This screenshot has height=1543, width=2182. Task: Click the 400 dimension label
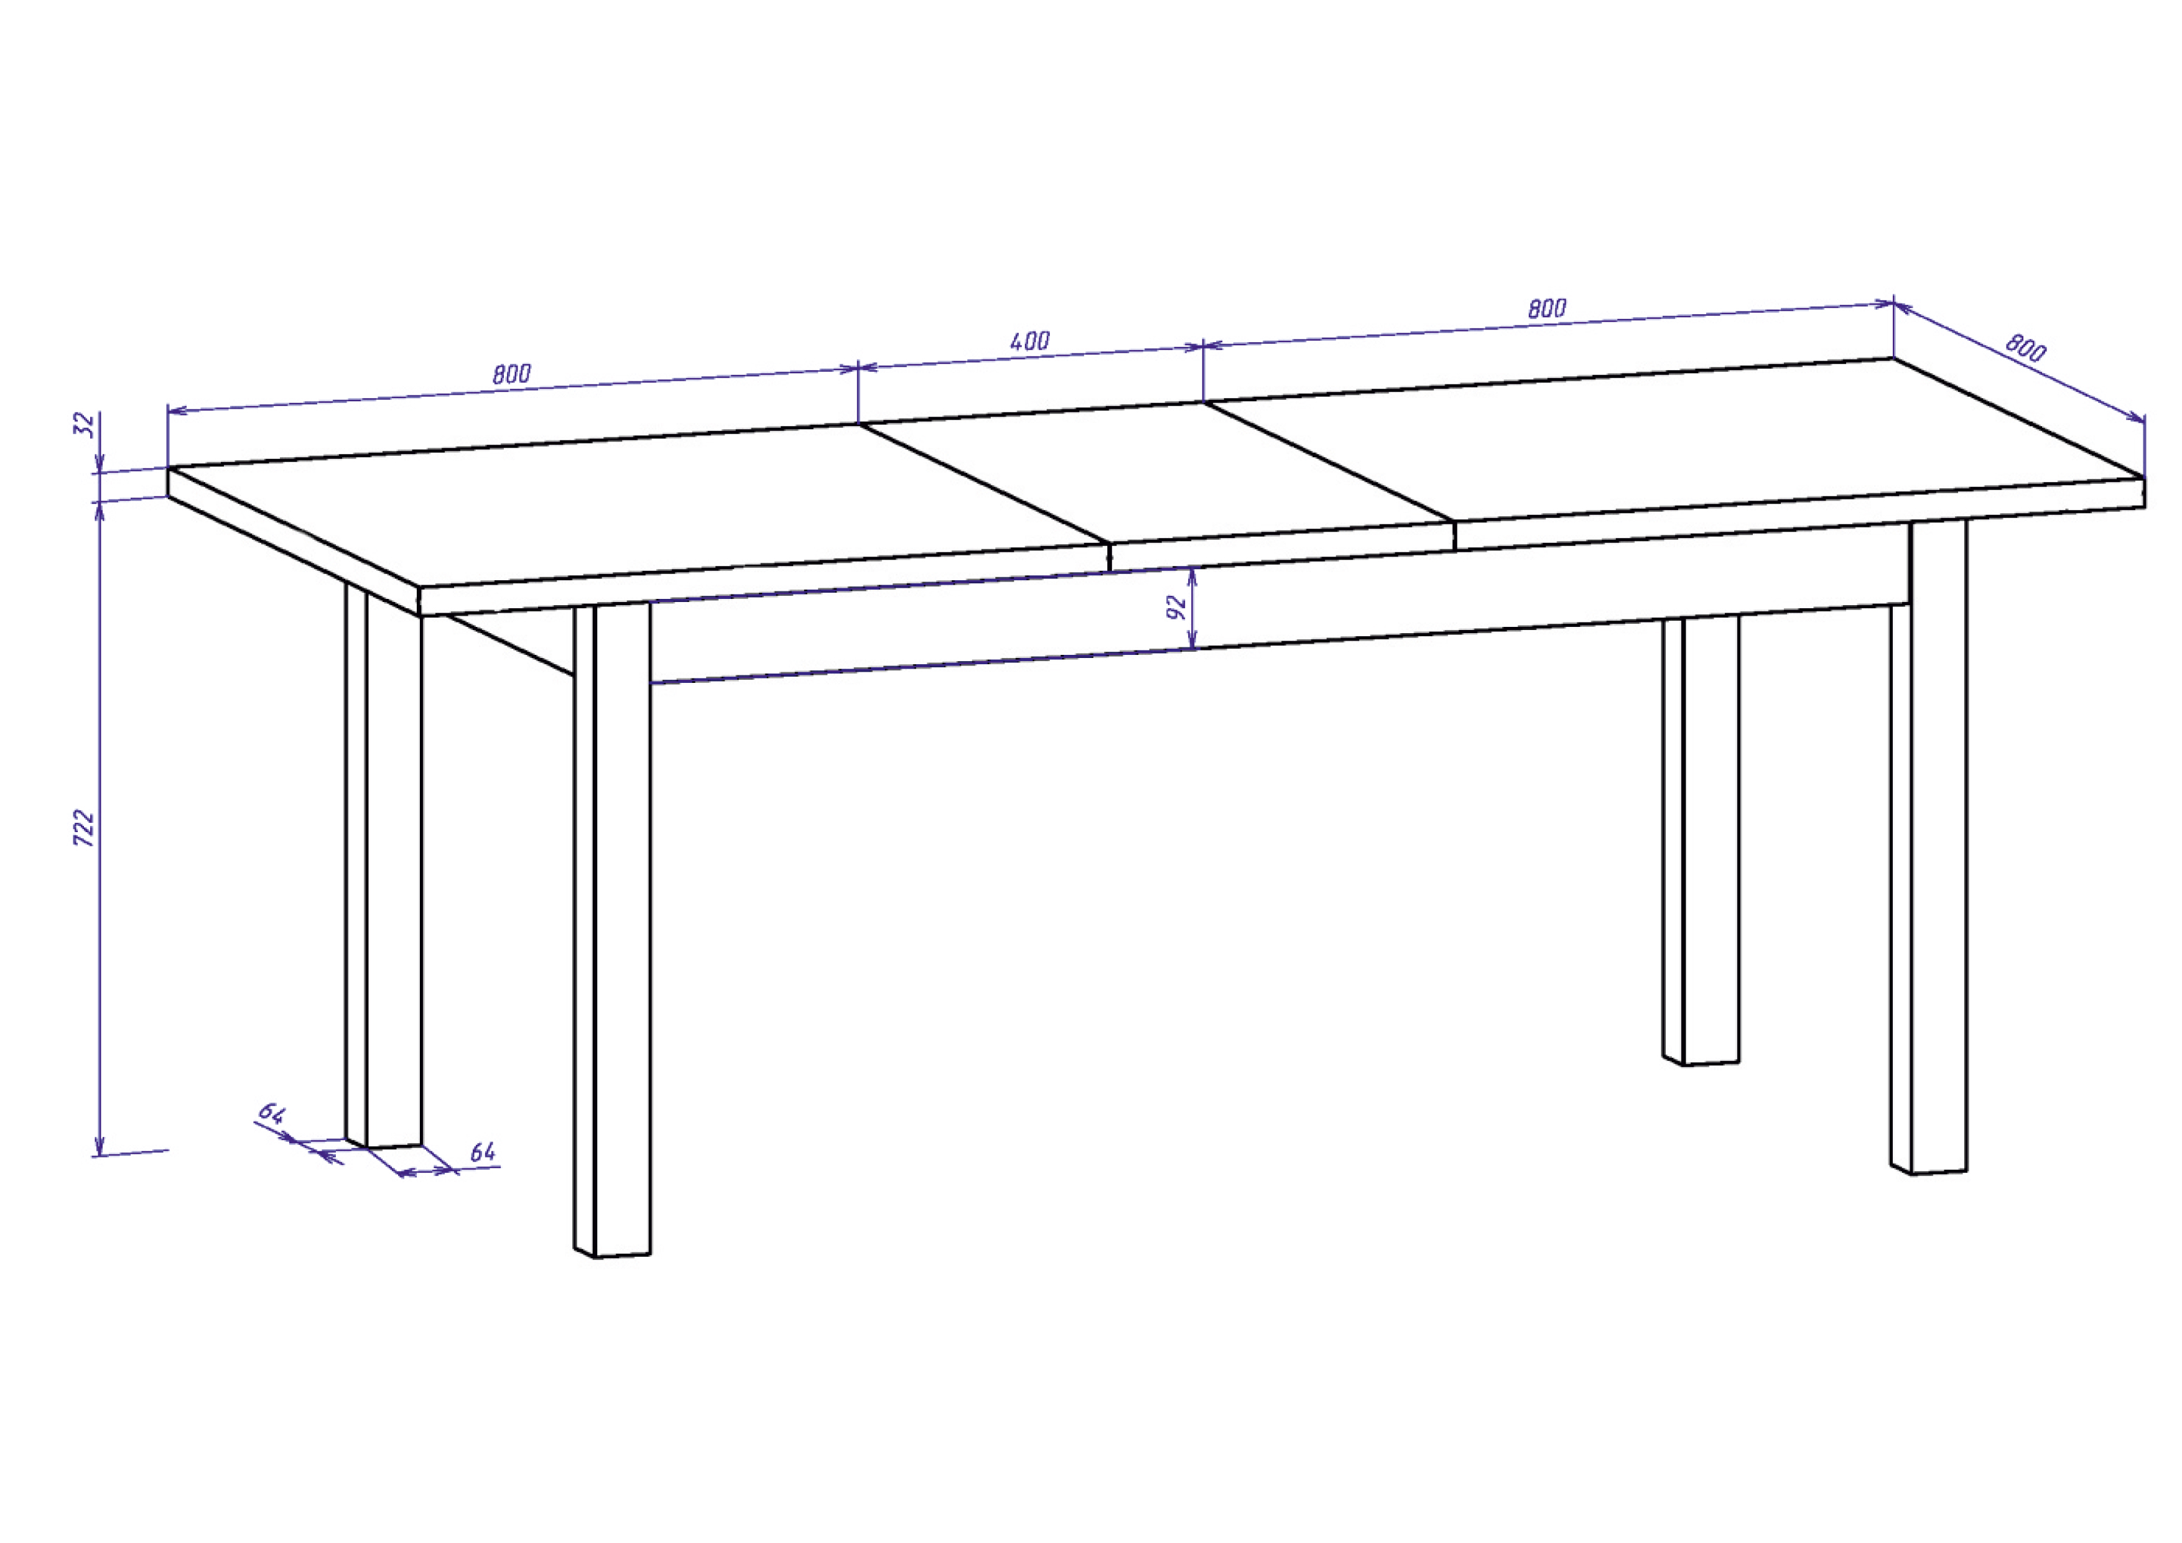pyautogui.click(x=1030, y=341)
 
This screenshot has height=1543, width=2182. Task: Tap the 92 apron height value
pyautogui.click(x=1177, y=607)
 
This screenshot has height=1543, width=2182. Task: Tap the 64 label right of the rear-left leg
pyautogui.click(x=483, y=1152)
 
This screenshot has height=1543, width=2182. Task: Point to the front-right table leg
pyautogui.click(x=1929, y=855)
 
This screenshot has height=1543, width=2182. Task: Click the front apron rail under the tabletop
pyautogui.click(x=1235, y=608)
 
